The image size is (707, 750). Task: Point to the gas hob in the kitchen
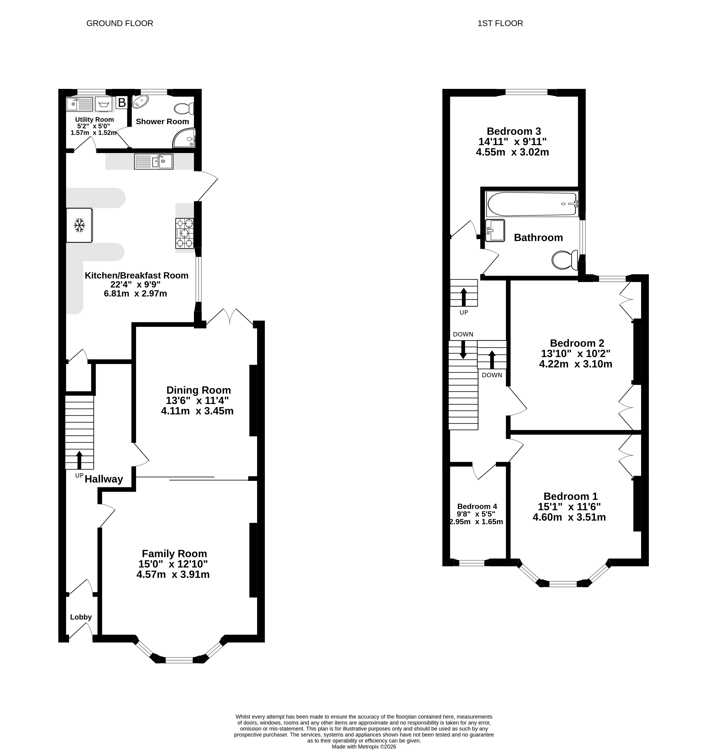185,233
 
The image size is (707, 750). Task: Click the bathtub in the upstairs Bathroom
532,204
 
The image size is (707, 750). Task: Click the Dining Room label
199,390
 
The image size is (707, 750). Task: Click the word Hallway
104,479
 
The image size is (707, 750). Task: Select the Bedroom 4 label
477,506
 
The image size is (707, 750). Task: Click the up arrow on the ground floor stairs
79,460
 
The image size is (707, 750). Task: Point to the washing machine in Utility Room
104,104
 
